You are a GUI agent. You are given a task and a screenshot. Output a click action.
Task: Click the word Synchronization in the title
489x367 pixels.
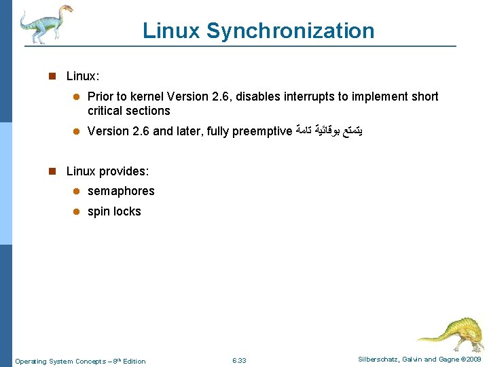(x=290, y=31)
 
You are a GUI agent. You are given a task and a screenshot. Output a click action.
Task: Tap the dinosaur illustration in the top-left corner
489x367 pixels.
(x=43, y=23)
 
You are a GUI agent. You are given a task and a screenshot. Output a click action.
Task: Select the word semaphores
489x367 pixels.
(x=121, y=191)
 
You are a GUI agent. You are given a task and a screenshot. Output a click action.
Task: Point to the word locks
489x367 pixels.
(x=127, y=211)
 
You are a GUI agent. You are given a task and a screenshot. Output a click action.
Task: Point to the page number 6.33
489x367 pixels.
(x=239, y=360)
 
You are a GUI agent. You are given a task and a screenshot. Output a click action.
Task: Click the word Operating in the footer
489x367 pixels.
(x=31, y=361)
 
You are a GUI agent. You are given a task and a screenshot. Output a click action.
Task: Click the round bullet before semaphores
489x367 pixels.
(x=77, y=192)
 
